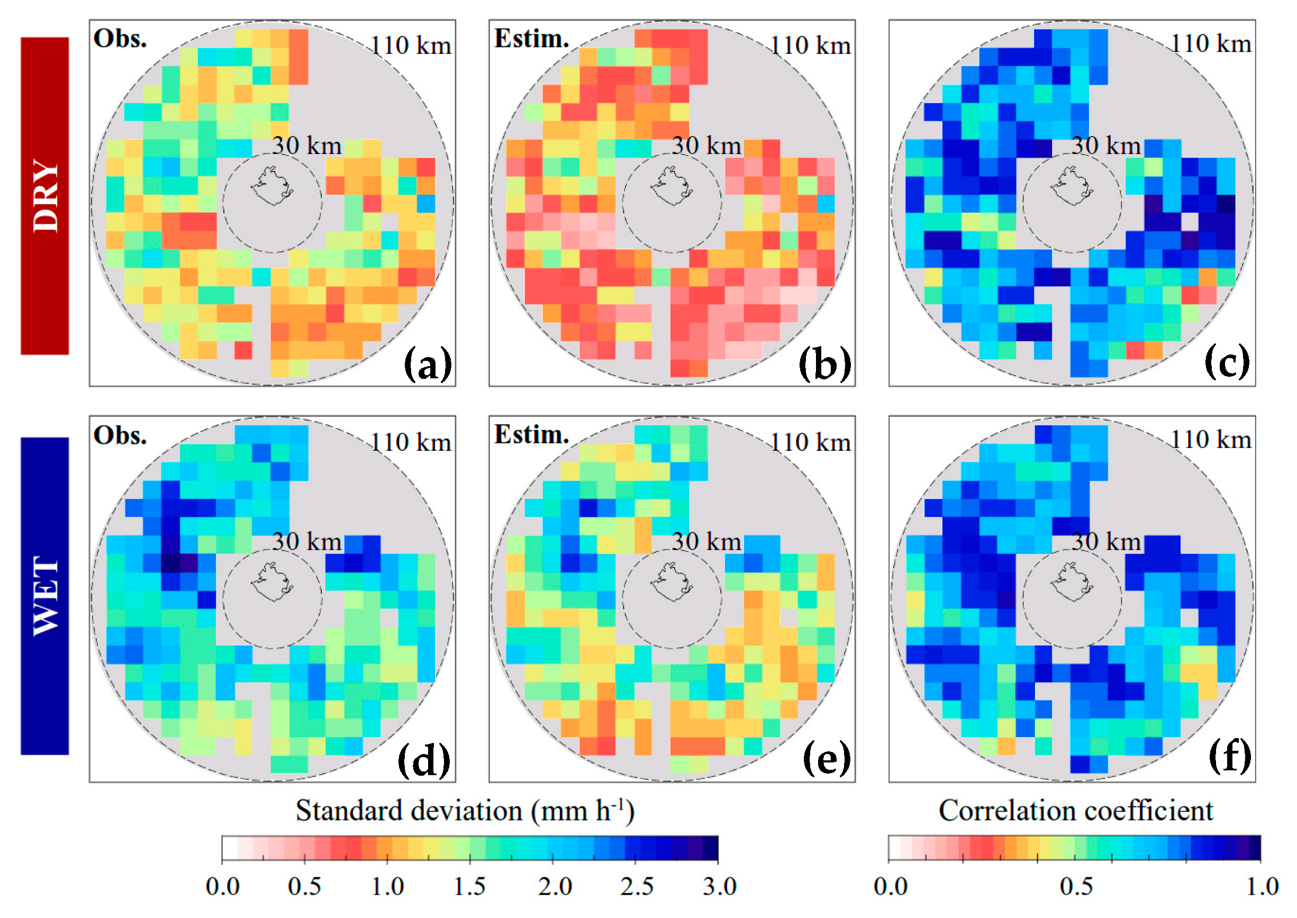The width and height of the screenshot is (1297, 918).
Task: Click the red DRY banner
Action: tap(44, 196)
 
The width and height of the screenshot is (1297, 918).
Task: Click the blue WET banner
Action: tap(44, 595)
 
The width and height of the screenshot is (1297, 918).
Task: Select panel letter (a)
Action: tap(428, 363)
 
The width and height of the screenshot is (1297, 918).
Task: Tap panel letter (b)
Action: tap(825, 363)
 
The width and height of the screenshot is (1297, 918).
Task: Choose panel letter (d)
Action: tap(424, 760)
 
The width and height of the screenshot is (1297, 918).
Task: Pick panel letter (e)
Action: tap(827, 759)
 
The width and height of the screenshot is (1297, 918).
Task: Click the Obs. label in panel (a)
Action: tap(120, 39)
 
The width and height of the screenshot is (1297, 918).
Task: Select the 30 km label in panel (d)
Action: tap(306, 541)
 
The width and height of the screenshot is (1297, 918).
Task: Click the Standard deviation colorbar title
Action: tap(465, 811)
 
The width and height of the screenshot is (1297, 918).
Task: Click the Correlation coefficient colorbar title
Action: tap(1075, 811)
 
